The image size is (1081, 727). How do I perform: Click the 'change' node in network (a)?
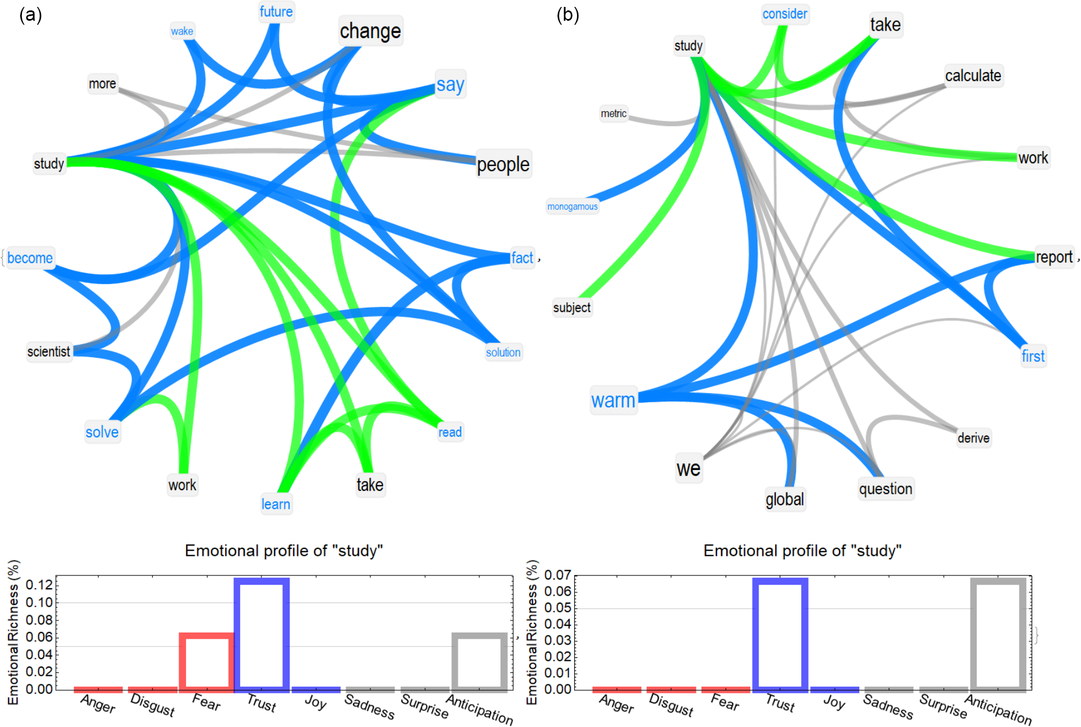tap(370, 31)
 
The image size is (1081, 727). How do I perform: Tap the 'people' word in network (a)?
tap(503, 165)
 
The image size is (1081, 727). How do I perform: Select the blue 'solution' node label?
tap(503, 353)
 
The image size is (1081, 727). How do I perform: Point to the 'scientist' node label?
tap(49, 351)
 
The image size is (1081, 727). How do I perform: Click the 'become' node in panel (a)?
tap(30, 258)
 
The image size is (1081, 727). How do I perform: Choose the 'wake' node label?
tap(182, 31)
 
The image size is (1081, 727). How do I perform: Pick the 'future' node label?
tap(276, 12)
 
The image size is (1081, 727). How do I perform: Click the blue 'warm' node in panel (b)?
tap(613, 400)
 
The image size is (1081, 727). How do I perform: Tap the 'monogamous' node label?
tap(572, 206)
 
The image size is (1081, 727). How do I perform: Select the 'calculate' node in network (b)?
tap(973, 75)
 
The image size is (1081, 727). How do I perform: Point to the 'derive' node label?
tap(973, 438)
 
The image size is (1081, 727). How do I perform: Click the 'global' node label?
tap(784, 499)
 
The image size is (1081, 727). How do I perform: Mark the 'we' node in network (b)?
tap(689, 468)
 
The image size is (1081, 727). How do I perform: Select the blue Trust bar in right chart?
tap(780, 634)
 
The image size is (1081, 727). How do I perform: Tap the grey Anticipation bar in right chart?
tap(999, 634)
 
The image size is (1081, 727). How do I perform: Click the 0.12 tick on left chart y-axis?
tap(39, 585)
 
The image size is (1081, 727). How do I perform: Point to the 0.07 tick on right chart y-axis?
tap(557, 575)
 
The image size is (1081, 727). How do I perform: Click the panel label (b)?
tap(568, 15)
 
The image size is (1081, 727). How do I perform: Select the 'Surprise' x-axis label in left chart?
tap(424, 706)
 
